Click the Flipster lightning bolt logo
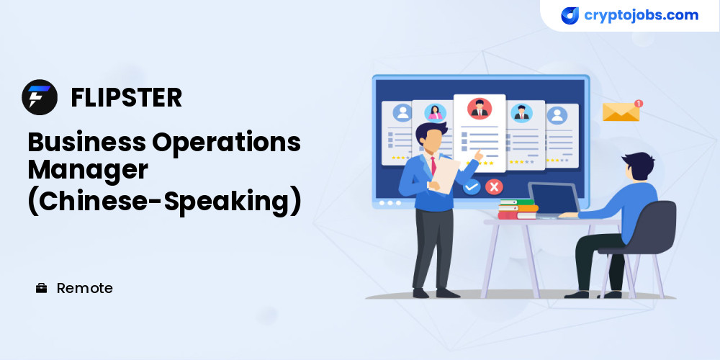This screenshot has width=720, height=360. (40, 97)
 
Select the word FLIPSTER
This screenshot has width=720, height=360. (126, 97)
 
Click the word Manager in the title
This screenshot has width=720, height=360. (88, 171)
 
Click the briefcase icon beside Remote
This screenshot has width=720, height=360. (41, 288)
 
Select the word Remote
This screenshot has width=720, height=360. (84, 289)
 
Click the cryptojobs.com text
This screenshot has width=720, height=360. (641, 15)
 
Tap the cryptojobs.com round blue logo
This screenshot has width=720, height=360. (570, 15)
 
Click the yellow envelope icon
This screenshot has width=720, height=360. (621, 112)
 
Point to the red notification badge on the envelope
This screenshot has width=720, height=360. (638, 103)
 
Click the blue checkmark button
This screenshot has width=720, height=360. (471, 187)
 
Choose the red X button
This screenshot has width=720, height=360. (494, 186)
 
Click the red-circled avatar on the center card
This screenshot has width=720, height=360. (480, 109)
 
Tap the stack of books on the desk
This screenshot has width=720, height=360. (518, 209)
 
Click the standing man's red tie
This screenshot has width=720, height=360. (433, 166)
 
